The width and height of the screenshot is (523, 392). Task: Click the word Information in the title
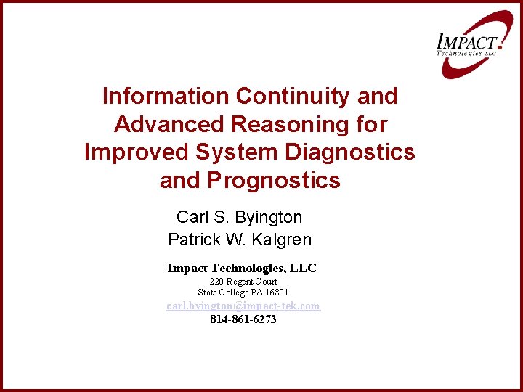(x=166, y=96)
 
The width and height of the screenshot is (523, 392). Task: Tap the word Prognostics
(x=273, y=180)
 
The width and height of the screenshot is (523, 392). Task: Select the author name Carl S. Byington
(x=239, y=217)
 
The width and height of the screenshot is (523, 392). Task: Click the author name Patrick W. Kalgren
(x=239, y=239)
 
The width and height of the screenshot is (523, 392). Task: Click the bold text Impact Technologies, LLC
(x=242, y=268)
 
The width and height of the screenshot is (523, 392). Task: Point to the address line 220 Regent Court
(x=243, y=282)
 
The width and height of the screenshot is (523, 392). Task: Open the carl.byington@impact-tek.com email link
(x=243, y=306)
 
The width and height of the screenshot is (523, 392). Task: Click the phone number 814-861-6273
(x=243, y=319)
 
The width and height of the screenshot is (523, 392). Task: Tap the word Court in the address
(x=264, y=282)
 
